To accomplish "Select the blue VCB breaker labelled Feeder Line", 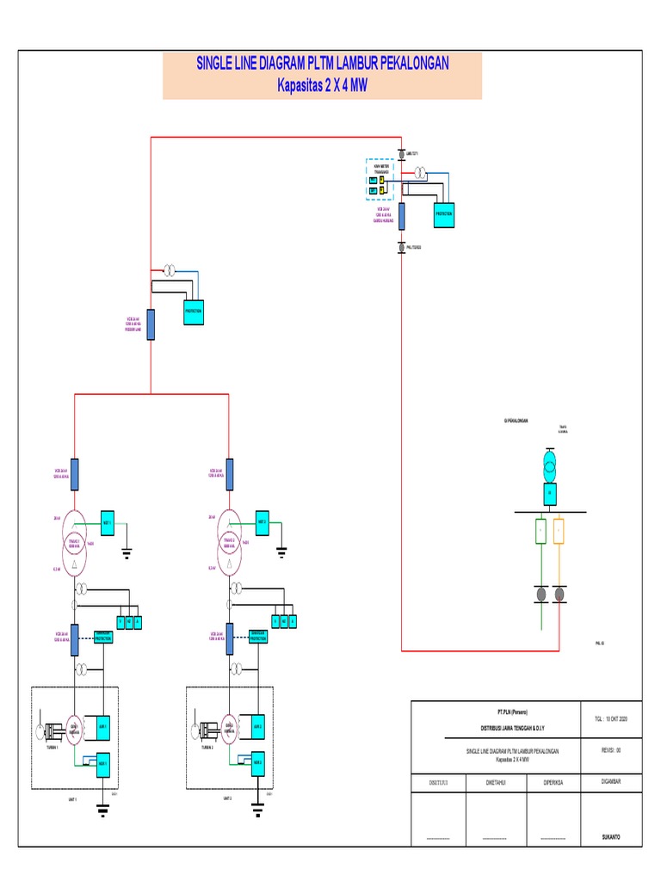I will (151, 324).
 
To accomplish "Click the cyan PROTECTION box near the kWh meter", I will (444, 213).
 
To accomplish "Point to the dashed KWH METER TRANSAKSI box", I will (380, 179).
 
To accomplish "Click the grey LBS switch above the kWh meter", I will (401, 154).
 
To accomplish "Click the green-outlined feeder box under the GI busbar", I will (541, 531).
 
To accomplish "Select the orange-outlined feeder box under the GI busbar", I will (559, 531).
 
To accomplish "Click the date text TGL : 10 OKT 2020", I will (611, 718).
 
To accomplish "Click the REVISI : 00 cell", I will (611, 750).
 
